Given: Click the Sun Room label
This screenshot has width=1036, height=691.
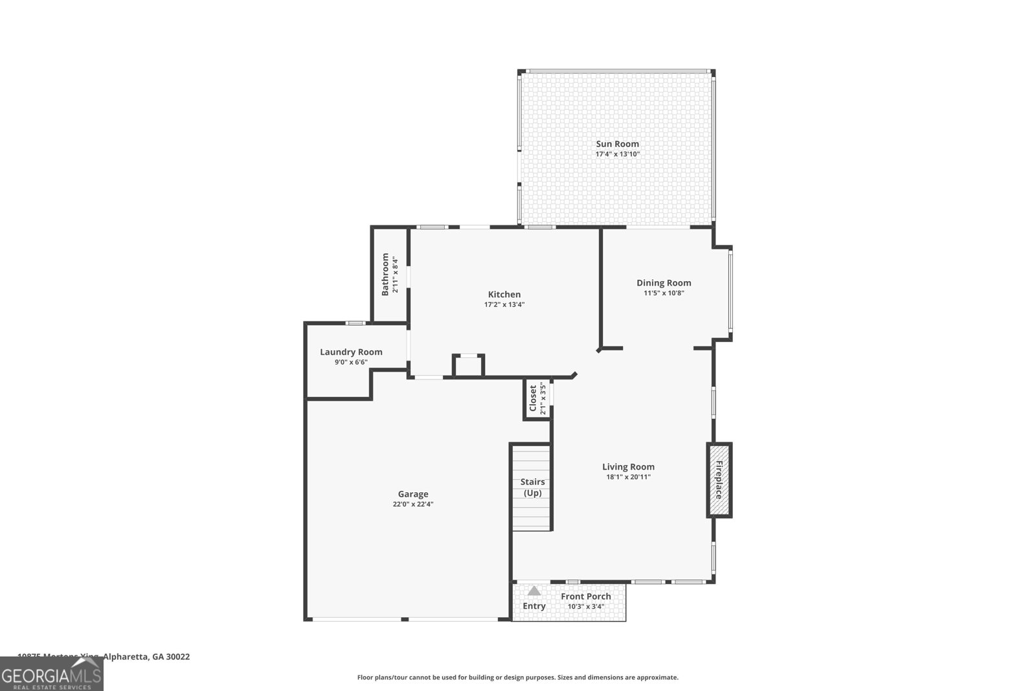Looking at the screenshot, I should [x=617, y=144].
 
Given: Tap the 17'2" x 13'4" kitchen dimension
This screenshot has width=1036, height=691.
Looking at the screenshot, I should [x=504, y=304].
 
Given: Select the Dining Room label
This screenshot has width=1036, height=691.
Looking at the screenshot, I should [x=664, y=282].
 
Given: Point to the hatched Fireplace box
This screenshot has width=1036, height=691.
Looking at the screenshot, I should [x=719, y=480].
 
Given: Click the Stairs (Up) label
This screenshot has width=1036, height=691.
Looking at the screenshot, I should [x=532, y=487].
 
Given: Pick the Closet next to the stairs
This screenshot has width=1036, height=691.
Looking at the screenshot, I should [x=537, y=398].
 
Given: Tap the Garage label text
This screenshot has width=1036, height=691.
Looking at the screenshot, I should [x=413, y=493].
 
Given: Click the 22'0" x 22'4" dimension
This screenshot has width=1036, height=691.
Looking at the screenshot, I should [x=413, y=504].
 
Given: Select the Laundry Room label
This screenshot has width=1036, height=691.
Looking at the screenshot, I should [x=351, y=352].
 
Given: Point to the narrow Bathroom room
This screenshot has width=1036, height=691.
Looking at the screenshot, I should [x=390, y=274].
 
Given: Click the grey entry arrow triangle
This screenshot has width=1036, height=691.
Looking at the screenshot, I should [x=534, y=591].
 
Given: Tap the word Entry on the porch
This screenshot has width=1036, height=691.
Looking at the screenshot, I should [x=534, y=606].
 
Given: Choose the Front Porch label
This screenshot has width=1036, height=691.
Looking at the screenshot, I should [x=586, y=596].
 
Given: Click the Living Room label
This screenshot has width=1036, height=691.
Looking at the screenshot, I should [x=628, y=466].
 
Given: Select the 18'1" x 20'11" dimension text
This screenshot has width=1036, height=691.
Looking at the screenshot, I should [x=628, y=477].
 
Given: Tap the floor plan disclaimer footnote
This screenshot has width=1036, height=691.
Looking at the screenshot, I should [x=517, y=677].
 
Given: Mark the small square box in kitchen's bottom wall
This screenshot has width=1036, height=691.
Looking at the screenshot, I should [x=468, y=366].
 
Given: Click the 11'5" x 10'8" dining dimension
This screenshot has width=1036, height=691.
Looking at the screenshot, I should [x=664, y=293].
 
